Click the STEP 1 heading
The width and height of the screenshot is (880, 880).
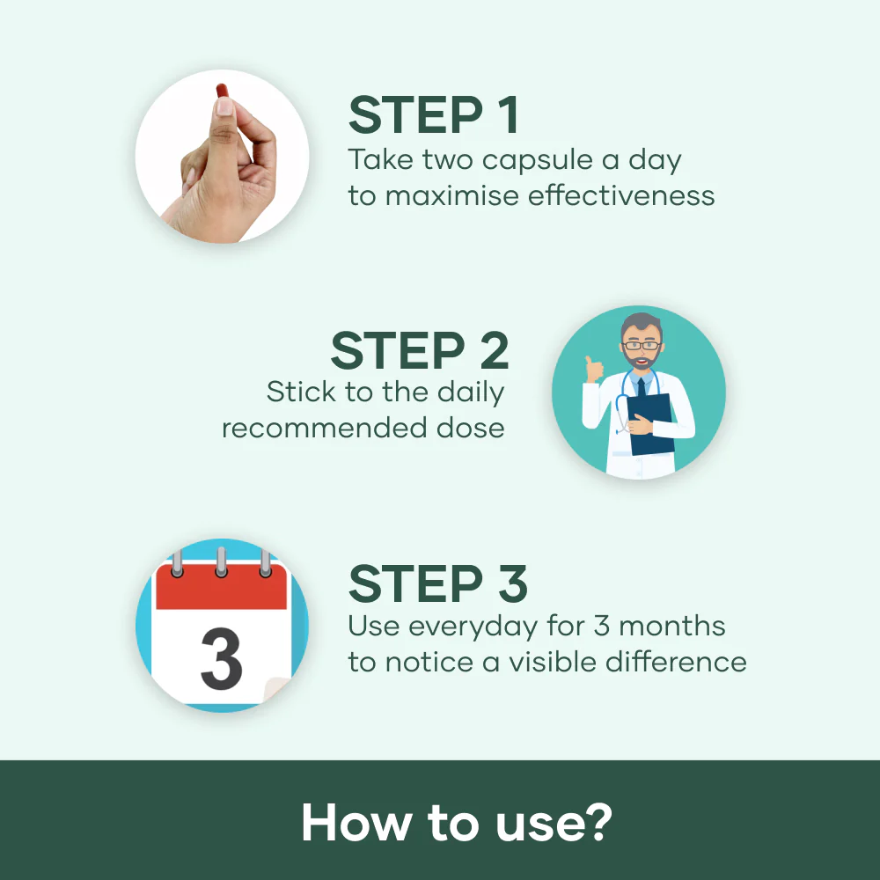tap(433, 114)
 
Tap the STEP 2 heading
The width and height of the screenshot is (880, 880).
tap(420, 351)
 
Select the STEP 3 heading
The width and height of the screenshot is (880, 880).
tap(437, 583)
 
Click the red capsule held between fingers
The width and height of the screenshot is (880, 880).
tap(223, 92)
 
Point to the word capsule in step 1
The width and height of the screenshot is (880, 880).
tap(538, 161)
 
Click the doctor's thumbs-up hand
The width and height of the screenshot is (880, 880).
tap(593, 370)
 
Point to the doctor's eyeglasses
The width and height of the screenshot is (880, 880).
tap(642, 345)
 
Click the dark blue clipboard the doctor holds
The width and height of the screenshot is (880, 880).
tap(651, 424)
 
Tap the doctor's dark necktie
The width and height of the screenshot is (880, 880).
tap(642, 388)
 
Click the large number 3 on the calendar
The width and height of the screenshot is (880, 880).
tap(222, 659)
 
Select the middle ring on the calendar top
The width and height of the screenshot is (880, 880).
tap(221, 561)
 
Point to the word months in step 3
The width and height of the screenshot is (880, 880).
tap(671, 627)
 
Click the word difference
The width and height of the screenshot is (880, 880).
tap(676, 662)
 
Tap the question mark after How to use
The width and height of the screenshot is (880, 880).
tap(599, 822)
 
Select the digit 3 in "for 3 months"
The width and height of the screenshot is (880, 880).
tap(602, 627)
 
